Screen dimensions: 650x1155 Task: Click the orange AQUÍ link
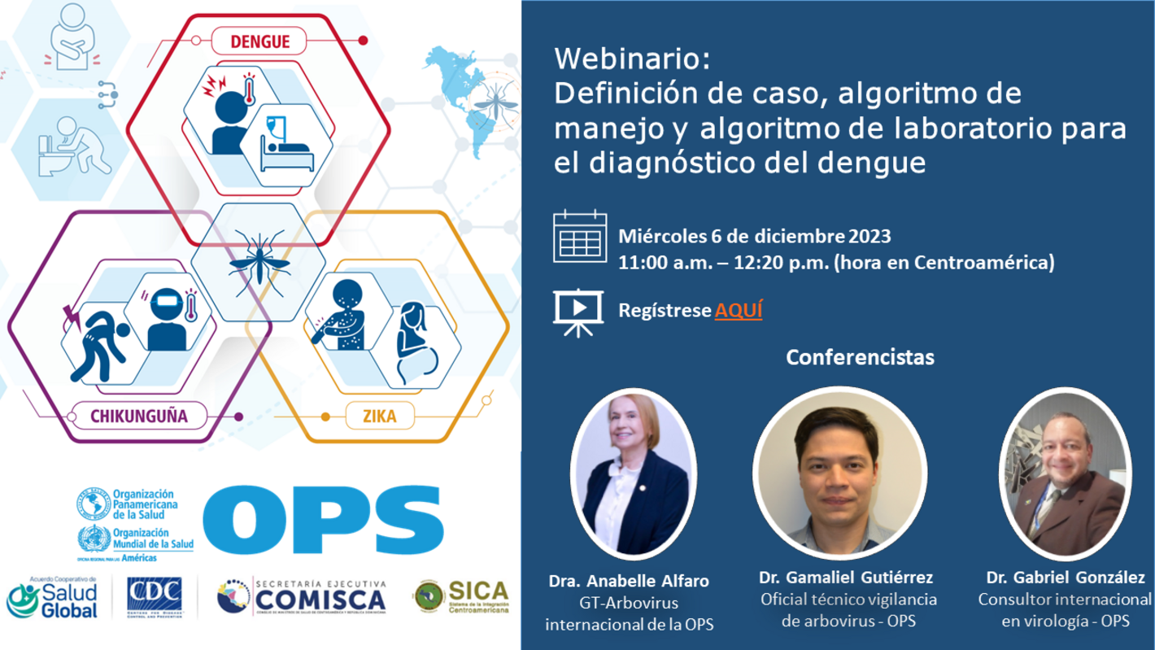739,310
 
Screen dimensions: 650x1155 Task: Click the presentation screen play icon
577,310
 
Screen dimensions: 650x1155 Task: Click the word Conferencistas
861,356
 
